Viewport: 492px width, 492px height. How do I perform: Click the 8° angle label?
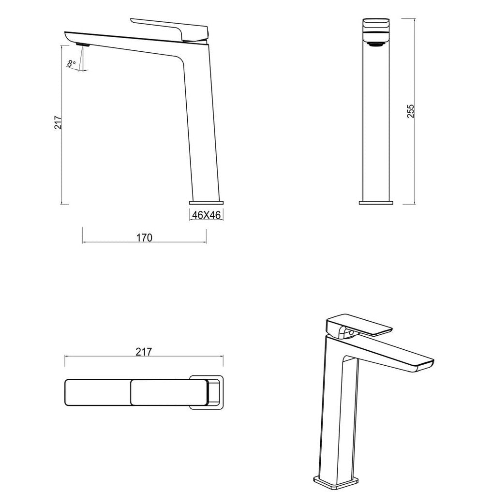pos(72,63)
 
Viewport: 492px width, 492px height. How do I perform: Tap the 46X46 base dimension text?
pos(206,215)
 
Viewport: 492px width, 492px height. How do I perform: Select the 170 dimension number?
pos(144,237)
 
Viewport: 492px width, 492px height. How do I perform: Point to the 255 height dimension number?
pos(411,112)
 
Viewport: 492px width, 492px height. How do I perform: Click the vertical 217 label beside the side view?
pos(58,123)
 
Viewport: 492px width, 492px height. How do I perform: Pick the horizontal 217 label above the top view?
pos(144,352)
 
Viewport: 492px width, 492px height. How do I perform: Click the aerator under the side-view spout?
pos(83,45)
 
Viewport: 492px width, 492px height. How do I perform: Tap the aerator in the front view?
pos(376,44)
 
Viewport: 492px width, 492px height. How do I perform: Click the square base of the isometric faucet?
pos(337,480)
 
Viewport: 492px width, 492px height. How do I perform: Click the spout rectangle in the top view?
pos(97,392)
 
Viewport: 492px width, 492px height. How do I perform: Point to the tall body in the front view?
pos(376,121)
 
